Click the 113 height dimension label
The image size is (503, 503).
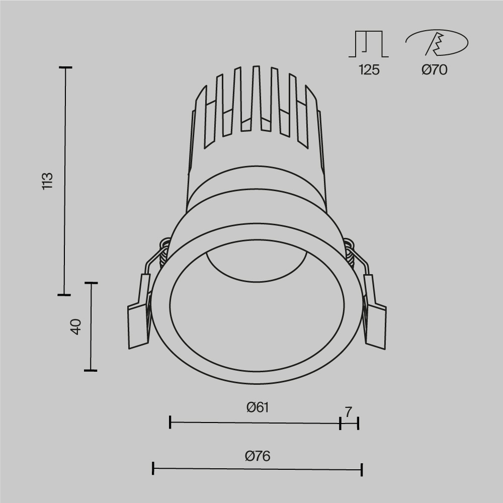pos(47,181)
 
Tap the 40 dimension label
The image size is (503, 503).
pos(75,327)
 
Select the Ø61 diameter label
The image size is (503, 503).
pos(258,407)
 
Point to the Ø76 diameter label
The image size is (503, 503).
pos(258,456)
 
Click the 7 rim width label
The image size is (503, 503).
pos(349,411)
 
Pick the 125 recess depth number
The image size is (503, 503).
pos(369,70)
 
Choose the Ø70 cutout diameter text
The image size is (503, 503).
pos(434,70)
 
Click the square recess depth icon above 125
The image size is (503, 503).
pos(369,44)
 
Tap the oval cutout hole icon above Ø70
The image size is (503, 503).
pos(437,43)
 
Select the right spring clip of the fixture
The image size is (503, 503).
pos(375,322)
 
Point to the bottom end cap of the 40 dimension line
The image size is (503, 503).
pos(91,371)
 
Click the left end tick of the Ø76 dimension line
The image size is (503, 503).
pos(153,469)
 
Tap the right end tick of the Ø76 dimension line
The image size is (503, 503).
pos(362,469)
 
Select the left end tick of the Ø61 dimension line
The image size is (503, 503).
pos(171,423)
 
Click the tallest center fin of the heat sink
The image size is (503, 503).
pos(256,96)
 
